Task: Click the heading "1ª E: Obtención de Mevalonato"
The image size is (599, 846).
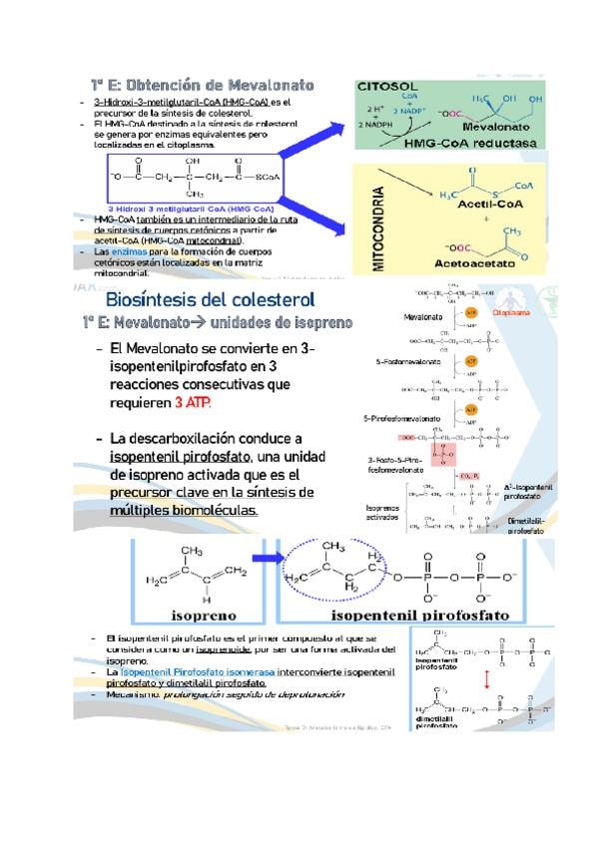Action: [203, 86]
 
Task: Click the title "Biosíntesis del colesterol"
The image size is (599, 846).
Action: [210, 299]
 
